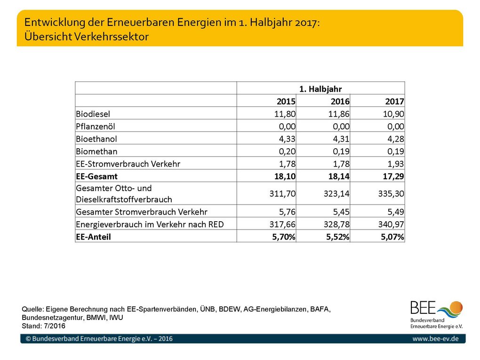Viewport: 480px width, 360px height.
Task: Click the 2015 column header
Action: (x=286, y=101)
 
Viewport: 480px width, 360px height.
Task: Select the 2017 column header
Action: (x=394, y=101)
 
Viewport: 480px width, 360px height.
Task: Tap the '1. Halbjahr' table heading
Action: (x=320, y=89)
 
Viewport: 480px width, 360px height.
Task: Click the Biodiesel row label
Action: (x=93, y=114)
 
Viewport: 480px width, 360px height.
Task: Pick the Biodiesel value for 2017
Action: (x=393, y=114)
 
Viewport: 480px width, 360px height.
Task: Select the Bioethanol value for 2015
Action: (x=287, y=139)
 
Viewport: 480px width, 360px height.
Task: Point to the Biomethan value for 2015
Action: (x=287, y=151)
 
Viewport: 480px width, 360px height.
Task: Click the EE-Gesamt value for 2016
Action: (x=339, y=176)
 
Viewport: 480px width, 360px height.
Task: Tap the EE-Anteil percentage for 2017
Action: (x=392, y=237)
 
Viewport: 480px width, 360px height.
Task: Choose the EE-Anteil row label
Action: (x=93, y=237)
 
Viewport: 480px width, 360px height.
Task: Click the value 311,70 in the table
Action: (x=282, y=193)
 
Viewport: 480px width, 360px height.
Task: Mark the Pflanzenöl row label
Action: (x=96, y=127)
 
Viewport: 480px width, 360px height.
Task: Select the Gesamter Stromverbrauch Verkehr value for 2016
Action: (x=341, y=212)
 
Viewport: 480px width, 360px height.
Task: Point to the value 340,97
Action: (x=391, y=224)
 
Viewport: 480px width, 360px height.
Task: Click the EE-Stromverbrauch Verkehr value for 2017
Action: (x=396, y=164)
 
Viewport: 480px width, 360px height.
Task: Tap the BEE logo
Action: (x=437, y=314)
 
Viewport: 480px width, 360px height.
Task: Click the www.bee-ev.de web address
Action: (x=435, y=338)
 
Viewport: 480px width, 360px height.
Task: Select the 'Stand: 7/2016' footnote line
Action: (x=43, y=326)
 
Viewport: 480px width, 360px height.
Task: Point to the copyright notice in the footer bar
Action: (x=99, y=338)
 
